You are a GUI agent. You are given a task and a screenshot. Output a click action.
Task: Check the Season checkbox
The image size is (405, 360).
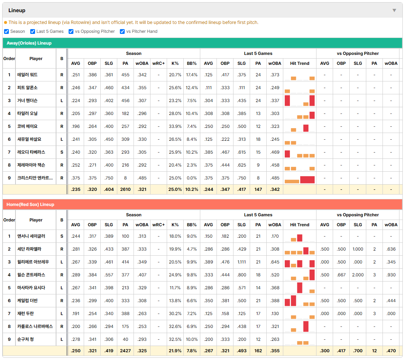tap(7, 31)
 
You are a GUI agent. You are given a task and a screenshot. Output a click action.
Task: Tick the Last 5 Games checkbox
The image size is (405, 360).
tap(32, 31)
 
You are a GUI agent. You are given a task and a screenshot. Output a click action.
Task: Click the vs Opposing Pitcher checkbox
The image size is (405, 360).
tap(71, 31)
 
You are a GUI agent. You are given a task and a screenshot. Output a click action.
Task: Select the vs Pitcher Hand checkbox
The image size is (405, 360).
tap(122, 31)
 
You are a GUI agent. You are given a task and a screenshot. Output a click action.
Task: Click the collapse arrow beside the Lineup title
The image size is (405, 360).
tap(394, 10)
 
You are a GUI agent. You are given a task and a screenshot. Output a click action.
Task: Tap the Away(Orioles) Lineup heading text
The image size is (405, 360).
tap(29, 43)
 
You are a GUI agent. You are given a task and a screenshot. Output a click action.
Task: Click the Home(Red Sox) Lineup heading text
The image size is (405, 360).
tap(30, 205)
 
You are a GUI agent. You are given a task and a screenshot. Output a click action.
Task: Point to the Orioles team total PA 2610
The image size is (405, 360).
tap(125, 189)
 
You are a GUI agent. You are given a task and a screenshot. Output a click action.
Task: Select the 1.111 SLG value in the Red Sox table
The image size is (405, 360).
tap(242, 262)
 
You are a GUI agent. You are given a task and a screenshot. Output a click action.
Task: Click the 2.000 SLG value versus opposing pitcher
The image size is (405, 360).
tap(358, 275)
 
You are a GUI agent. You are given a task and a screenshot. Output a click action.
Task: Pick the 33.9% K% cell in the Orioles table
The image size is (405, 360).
tap(175, 126)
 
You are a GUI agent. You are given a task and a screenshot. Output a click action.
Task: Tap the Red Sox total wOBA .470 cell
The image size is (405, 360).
tap(391, 351)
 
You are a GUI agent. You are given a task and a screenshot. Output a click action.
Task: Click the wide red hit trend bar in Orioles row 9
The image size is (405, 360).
tap(307, 179)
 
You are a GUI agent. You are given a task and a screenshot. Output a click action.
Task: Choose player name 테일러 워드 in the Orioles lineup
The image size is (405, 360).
tap(27, 75)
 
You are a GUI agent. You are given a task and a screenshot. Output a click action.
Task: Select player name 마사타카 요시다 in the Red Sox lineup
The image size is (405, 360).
tap(31, 288)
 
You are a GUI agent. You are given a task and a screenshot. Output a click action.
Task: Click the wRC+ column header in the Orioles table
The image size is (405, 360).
tap(159, 63)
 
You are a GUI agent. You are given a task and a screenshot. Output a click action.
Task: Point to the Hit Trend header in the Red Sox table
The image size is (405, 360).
tap(300, 225)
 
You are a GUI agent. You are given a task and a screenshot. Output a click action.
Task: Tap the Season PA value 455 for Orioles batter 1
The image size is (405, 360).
tap(125, 75)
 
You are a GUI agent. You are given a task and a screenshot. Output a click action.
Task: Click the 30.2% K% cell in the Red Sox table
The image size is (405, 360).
tap(175, 314)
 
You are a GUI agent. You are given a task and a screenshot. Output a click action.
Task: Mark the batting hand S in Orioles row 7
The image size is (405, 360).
tap(62, 152)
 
